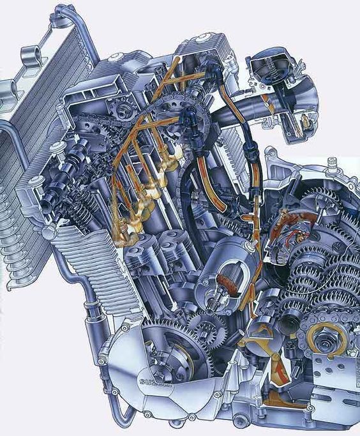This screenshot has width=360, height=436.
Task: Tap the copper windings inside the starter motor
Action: [228, 284]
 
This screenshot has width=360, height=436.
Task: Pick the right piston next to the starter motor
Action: [174, 246]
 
